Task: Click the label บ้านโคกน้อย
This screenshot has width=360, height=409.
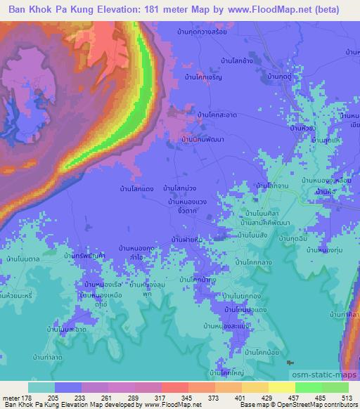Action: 257,351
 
